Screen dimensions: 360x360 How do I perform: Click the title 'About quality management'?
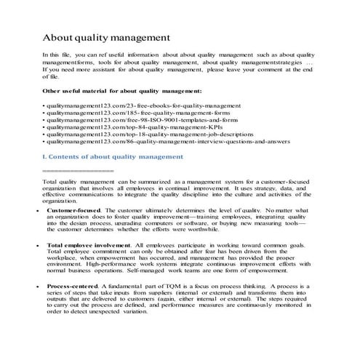click(x=106, y=36)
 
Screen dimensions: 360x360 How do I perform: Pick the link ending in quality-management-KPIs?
click(x=128, y=134)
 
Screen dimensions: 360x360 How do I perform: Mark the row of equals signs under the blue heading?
click(x=78, y=179)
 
